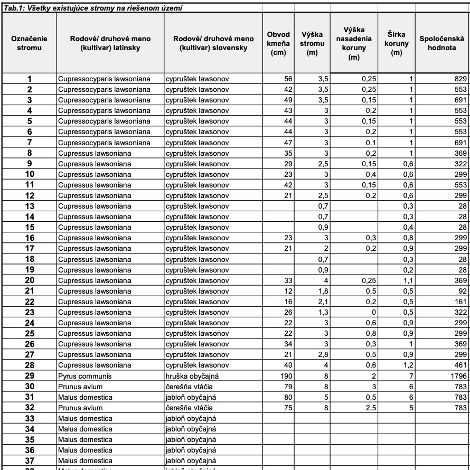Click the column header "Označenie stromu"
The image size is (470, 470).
[30, 43]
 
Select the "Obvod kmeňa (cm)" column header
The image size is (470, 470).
[278, 43]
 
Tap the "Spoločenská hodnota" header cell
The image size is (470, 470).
[441, 43]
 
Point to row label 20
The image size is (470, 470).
[30, 280]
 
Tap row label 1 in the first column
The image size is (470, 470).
[30, 79]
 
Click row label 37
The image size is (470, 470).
[30, 460]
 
